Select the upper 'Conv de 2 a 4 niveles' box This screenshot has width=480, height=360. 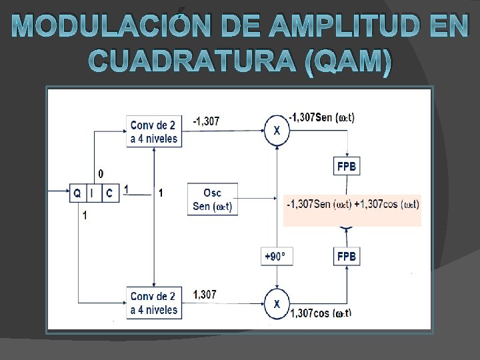coord(154,132)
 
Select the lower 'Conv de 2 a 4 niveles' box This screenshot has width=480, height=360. coord(154,303)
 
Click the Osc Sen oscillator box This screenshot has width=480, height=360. coord(212,199)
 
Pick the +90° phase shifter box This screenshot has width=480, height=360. coord(276,256)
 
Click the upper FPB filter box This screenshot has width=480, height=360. coord(346,165)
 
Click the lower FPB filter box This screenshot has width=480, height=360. coord(346,256)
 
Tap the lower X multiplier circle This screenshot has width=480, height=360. coord(277,303)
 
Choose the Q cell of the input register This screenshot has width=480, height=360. coord(78,193)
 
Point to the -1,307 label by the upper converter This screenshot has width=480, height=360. coord(206,121)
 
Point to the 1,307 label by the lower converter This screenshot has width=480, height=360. coord(205,294)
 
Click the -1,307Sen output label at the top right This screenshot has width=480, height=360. coord(322,117)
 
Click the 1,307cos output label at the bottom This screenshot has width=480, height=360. coord(321,313)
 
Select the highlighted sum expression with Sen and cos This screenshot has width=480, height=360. coord(352,203)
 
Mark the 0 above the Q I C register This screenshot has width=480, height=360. coord(101,173)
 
